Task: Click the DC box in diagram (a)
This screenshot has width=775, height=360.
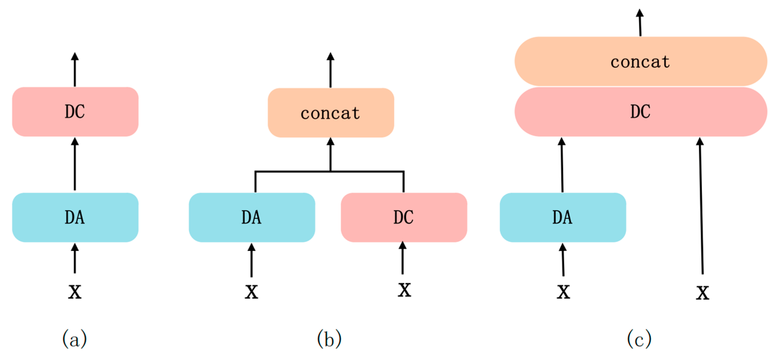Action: coord(75,112)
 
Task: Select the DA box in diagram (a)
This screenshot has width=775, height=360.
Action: coord(75,217)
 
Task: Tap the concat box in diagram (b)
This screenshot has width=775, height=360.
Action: coord(331,113)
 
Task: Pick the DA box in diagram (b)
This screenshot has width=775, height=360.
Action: coord(252,217)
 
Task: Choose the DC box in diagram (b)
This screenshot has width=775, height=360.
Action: coord(404,217)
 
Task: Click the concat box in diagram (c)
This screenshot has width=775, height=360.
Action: coord(640,62)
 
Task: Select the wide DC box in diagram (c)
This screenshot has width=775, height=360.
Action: coord(640,112)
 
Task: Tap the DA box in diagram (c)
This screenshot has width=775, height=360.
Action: coord(562,217)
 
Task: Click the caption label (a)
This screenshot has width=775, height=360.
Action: coord(75,339)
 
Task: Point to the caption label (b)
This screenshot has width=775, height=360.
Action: coord(330,339)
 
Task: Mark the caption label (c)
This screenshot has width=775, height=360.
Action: coord(639,339)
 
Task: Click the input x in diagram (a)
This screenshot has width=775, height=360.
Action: coord(75,291)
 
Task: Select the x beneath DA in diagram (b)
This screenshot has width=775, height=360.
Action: coord(252,291)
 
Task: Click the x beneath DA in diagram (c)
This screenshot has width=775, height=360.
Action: coord(563,291)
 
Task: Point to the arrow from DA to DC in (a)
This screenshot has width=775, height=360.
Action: coord(75,164)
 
